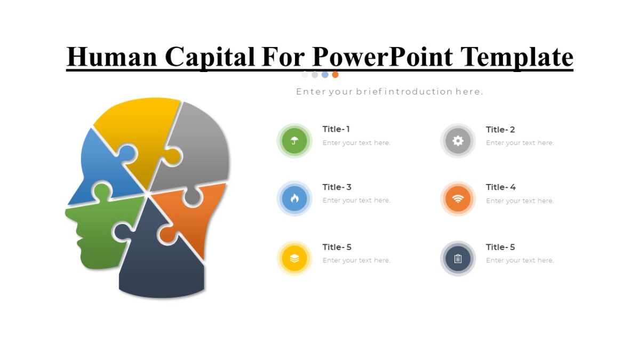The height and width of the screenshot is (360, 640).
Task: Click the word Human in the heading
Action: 112,57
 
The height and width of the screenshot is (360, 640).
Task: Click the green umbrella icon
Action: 294,141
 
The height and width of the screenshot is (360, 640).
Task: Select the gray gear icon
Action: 458,141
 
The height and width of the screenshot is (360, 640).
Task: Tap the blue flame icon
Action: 294,198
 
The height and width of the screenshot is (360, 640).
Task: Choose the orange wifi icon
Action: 458,199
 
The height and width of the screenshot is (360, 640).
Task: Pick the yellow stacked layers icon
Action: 294,259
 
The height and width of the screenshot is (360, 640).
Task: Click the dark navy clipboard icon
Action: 458,259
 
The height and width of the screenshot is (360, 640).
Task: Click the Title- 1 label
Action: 336,129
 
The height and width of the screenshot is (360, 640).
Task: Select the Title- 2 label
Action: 500,130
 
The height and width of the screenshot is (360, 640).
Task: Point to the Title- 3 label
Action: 337,187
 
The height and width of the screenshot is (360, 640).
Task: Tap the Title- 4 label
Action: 500,187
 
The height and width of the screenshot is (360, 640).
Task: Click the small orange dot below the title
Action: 335,75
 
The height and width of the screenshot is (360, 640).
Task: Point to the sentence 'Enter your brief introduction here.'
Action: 389,92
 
